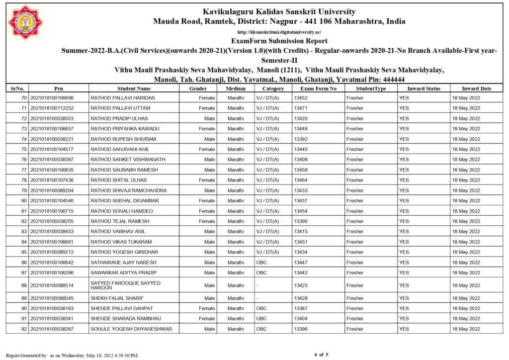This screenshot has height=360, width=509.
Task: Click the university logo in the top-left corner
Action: [25, 22]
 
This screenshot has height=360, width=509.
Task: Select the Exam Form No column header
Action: [319, 89]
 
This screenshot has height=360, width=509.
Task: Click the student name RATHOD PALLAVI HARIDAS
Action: [123, 98]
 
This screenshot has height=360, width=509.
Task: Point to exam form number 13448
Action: [301, 129]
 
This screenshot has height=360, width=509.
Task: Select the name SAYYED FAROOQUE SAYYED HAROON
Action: [125, 285]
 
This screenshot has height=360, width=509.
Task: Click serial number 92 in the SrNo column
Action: [23, 329]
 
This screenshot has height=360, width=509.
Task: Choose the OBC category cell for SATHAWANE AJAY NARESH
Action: [261, 263]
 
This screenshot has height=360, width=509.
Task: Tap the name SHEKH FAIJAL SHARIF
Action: [117, 298]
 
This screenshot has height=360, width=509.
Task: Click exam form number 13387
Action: [301, 308]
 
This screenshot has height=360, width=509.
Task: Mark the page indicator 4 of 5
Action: [321, 355]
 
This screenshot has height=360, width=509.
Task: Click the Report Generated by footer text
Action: [72, 356]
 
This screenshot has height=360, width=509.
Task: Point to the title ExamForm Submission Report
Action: [279, 41]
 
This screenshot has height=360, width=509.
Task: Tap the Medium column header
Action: [236, 89]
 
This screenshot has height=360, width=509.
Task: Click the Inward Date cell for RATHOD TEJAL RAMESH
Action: [466, 221]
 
